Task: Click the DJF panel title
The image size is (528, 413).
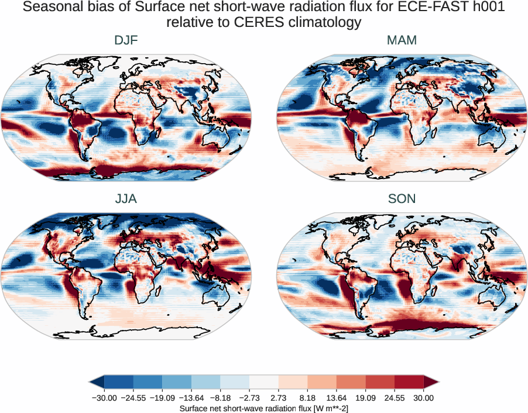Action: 126,40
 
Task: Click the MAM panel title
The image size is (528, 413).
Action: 402,40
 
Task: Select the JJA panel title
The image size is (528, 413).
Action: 126,199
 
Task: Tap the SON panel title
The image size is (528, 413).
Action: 402,199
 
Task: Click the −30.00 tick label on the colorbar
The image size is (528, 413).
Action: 104,398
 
